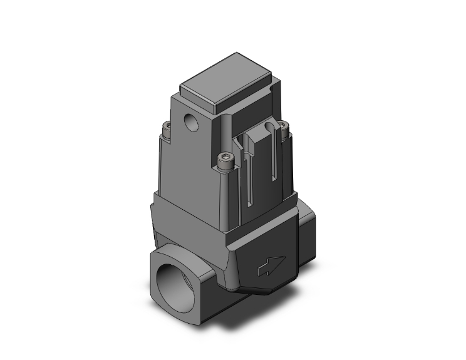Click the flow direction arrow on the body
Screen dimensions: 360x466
272,267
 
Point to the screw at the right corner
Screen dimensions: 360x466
285,132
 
